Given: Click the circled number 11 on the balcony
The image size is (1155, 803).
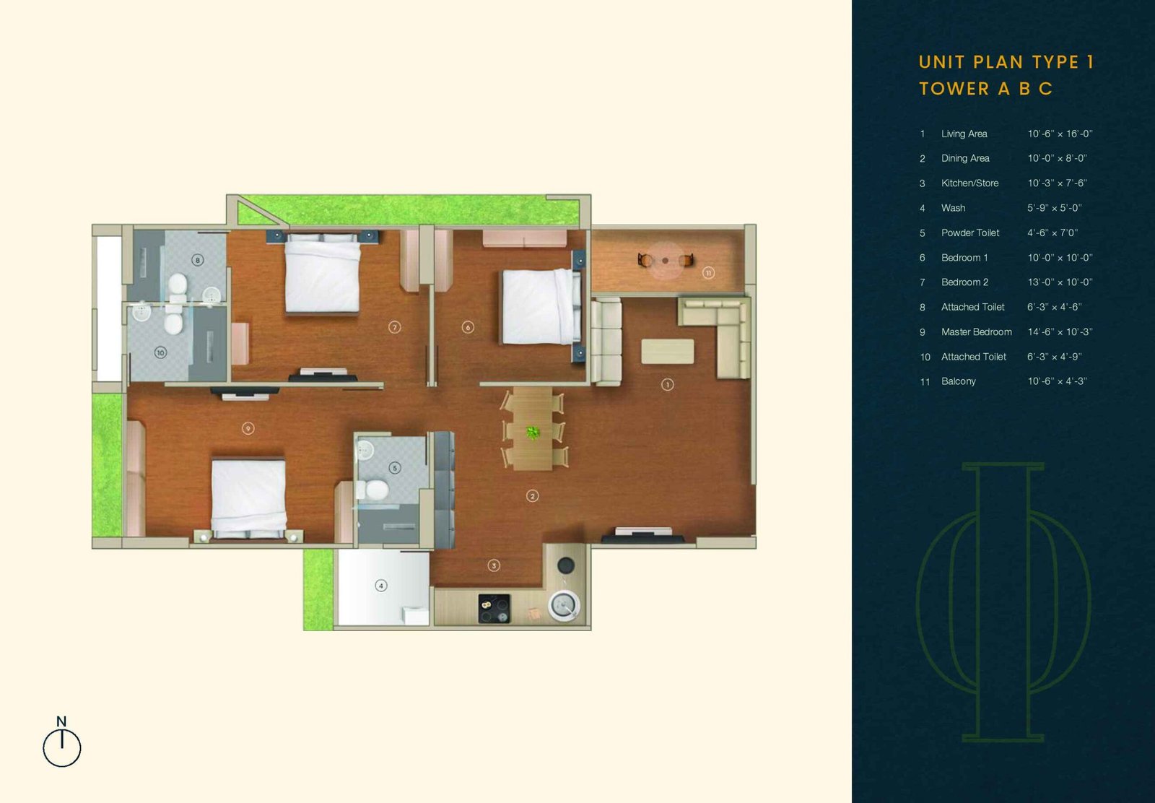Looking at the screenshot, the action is point(708,273).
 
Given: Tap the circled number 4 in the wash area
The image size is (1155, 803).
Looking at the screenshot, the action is point(381,586).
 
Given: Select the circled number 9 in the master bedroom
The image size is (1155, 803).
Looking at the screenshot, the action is point(248,428).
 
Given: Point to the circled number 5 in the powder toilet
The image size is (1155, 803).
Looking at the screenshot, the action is point(395,468).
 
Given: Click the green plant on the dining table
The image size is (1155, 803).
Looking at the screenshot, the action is point(533,432).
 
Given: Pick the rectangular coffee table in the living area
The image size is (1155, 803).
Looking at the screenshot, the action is point(667,351).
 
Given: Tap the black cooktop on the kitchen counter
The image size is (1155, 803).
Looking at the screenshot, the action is point(494,609).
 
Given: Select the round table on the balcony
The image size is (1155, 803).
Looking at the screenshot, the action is point(665,261).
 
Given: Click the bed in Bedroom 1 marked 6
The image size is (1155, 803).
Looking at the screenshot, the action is point(539,306).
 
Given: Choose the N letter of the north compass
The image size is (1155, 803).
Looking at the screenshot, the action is point(61,721).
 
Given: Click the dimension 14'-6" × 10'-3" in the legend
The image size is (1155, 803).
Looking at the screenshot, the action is point(1060,331).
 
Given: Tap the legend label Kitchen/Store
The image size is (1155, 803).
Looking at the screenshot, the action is point(970,183).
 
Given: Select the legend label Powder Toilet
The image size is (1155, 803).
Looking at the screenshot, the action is point(970,233).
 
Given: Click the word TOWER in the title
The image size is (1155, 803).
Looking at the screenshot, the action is point(954,89).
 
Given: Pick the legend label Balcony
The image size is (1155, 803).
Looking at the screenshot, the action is point(959,381).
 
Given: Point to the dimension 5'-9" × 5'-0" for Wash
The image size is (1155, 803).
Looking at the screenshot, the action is point(1054,208).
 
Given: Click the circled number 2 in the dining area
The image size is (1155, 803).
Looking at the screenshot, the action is point(533,496).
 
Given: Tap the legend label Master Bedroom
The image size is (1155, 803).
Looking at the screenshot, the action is point(976,331).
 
